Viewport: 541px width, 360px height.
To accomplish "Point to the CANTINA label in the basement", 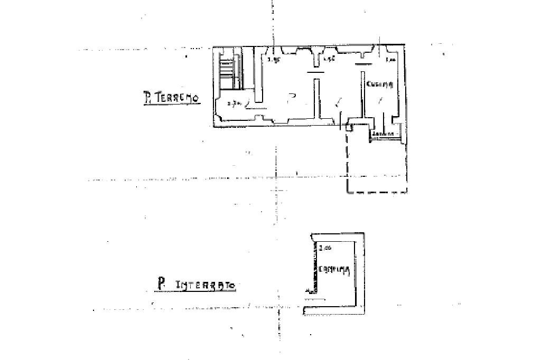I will point(334,270).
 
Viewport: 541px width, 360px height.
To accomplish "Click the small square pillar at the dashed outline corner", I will point(349,128).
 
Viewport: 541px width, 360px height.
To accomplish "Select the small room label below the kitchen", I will point(384,134).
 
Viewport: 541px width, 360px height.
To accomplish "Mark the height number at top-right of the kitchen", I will point(391,60).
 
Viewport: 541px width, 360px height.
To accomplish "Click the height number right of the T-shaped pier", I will point(329,59).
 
